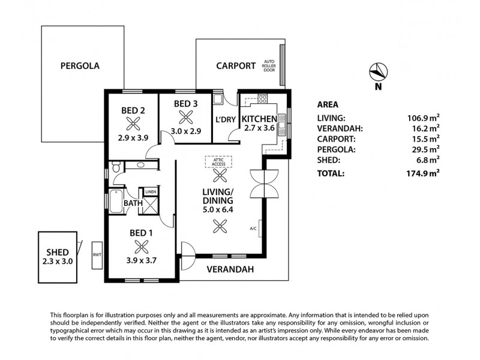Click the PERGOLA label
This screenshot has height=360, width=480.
[80, 66]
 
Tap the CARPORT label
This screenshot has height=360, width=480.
[236, 66]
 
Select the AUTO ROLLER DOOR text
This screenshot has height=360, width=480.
[269, 66]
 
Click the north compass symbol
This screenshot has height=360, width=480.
[379, 72]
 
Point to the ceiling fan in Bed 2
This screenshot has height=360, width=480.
[133, 124]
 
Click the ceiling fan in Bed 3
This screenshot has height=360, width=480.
[186, 117]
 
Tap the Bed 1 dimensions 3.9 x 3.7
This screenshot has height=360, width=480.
[142, 260]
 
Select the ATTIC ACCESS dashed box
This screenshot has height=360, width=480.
[218, 162]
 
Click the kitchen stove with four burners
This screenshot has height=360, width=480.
[263, 98]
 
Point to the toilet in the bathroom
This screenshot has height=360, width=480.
[116, 167]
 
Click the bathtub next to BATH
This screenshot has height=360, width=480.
[116, 201]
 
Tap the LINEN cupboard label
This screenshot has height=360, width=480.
[151, 192]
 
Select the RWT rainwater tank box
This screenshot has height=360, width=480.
[97, 256]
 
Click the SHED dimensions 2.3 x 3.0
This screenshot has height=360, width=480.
[58, 262]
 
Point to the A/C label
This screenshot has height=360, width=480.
[253, 229]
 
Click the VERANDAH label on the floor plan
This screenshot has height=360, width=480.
[230, 269]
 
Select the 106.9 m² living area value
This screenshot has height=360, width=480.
[424, 118]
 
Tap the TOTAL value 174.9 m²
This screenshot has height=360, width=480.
[423, 173]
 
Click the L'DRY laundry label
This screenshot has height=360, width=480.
[226, 119]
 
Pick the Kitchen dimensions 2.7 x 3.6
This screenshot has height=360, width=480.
[259, 128]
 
